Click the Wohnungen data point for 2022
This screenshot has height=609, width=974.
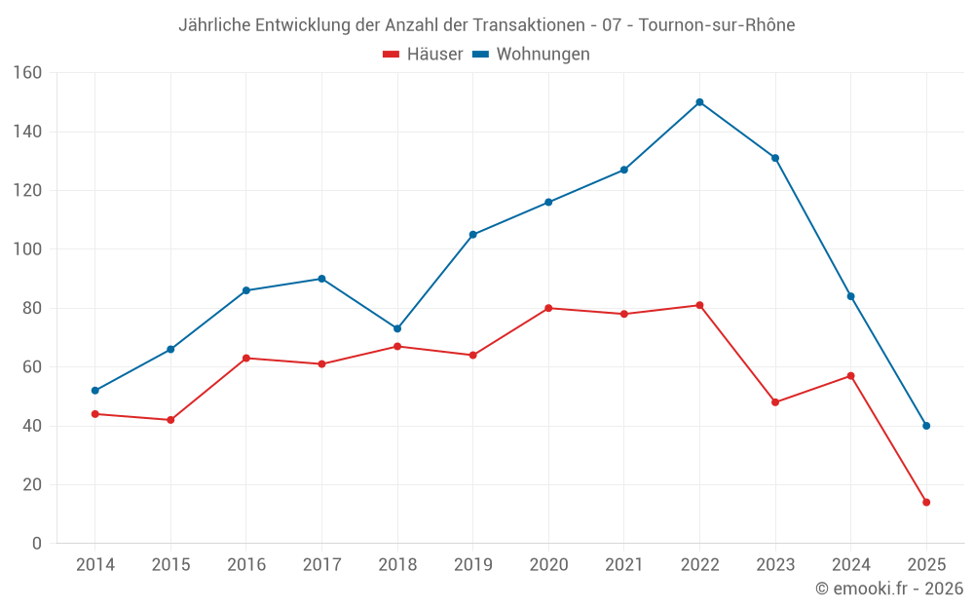[x=699, y=102]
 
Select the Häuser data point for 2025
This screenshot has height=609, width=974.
[x=926, y=503]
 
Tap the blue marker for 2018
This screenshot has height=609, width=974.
[x=397, y=328]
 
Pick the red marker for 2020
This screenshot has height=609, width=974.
[x=548, y=308]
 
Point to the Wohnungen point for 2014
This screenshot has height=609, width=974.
[x=94, y=391]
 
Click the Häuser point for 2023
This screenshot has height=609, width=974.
[x=775, y=402]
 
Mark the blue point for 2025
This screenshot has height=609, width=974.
[x=926, y=426]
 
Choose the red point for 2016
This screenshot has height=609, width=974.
[x=245, y=359]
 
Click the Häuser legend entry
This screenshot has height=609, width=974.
[x=423, y=55]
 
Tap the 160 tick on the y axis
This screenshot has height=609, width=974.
[x=27, y=73]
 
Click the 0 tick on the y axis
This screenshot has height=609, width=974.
[x=36, y=544]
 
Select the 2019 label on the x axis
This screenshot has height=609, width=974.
[x=472, y=565]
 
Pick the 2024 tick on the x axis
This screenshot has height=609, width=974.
[x=850, y=565]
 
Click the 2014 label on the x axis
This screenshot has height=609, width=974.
[x=94, y=565]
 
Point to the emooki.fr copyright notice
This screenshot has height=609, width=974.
[x=888, y=589]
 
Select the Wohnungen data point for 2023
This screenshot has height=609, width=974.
[x=775, y=158]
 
